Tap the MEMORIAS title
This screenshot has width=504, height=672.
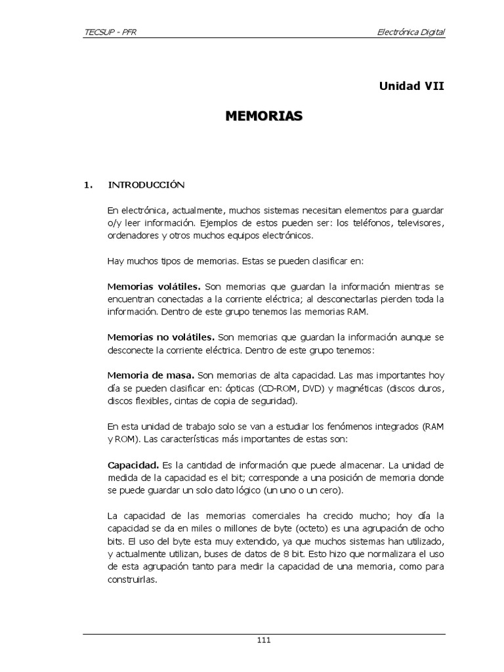(264, 117)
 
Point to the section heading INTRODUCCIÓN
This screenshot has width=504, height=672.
(147, 185)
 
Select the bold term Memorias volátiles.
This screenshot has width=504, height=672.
(154, 287)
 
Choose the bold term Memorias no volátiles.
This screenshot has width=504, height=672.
(161, 337)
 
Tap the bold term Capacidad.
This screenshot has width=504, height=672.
(133, 465)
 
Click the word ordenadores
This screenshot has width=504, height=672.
(132, 236)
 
